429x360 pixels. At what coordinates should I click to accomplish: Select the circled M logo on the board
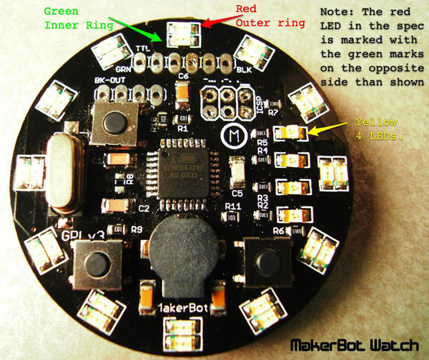[232, 134]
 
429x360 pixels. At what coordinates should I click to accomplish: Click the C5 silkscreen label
[237, 193]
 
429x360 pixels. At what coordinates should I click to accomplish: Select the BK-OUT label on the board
[109, 81]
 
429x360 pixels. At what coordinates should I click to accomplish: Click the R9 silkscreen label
[136, 230]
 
